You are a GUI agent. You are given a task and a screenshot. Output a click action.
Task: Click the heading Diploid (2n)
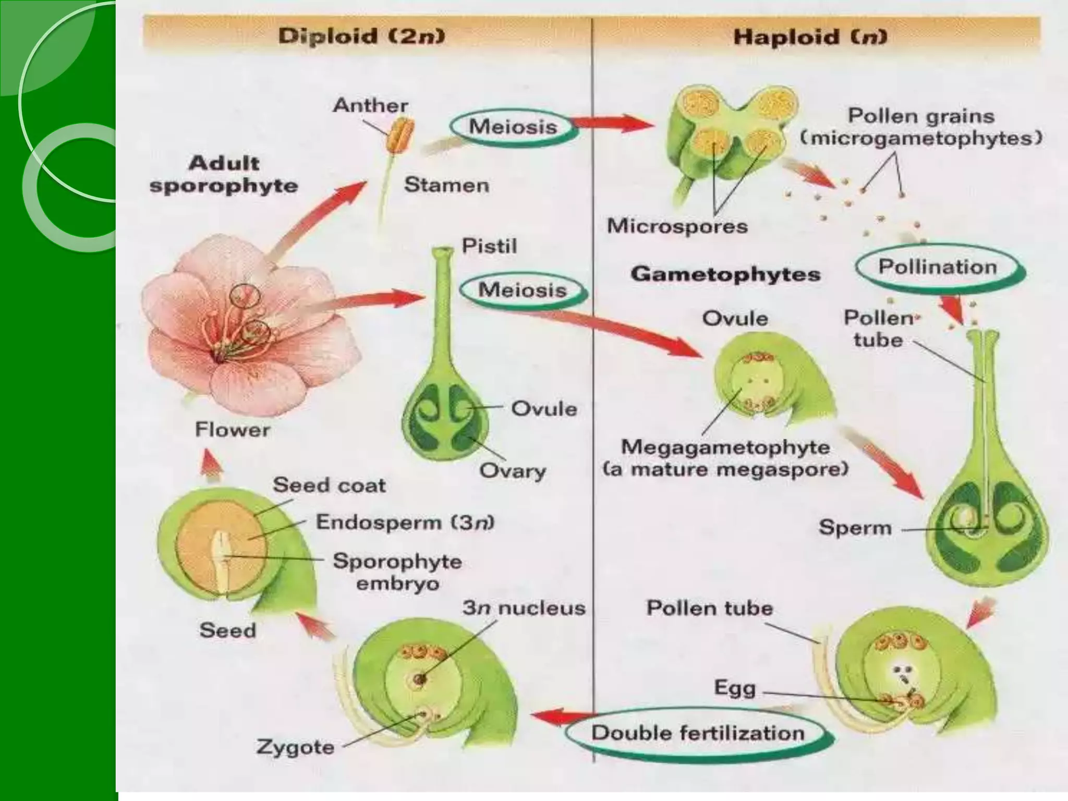coord(361,37)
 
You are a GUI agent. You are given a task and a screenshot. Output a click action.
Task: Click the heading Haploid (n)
coord(810,37)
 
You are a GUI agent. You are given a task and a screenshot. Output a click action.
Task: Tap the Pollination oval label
coord(938,267)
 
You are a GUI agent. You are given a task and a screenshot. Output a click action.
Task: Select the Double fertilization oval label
coord(698,733)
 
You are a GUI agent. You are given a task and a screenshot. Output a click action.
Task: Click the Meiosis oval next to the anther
coord(513,127)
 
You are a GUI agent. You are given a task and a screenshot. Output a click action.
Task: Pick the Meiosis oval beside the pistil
coord(522,290)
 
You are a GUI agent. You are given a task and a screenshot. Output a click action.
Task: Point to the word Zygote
coord(295,747)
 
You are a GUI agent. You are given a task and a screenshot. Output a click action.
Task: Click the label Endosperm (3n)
coord(405,522)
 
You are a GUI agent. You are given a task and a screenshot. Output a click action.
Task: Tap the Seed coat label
coord(329,485)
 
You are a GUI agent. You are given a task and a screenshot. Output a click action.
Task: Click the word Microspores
coord(677,226)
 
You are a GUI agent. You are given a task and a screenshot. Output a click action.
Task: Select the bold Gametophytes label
coord(725,274)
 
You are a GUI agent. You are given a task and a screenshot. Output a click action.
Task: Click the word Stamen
coord(446,185)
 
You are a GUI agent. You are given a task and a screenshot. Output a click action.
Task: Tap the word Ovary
coord(512,471)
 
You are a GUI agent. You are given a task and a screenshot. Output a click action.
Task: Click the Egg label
coord(735,688)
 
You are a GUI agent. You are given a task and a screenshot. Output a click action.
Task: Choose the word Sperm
coord(855,528)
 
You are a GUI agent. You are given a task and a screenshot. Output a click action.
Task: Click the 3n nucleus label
coord(524,608)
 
